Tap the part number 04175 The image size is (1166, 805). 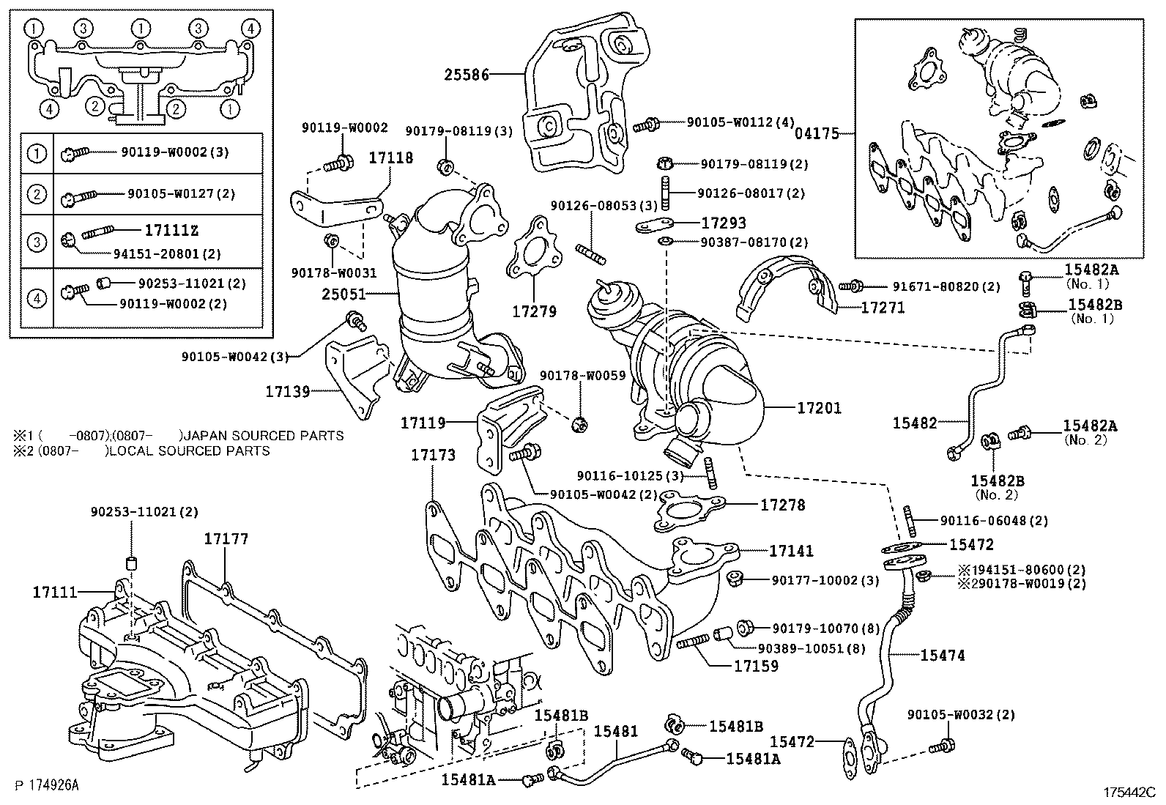(816, 134)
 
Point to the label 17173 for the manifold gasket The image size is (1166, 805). (433, 455)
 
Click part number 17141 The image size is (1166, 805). (791, 551)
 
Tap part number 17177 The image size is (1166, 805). (226, 539)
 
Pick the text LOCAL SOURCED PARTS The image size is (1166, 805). (189, 451)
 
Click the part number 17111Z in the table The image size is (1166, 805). (171, 231)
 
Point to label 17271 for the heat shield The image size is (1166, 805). (883, 308)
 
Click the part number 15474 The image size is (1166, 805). (943, 656)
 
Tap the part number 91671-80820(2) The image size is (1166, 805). (946, 286)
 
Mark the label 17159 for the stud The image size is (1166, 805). (757, 667)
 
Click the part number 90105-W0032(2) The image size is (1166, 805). (961, 714)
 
